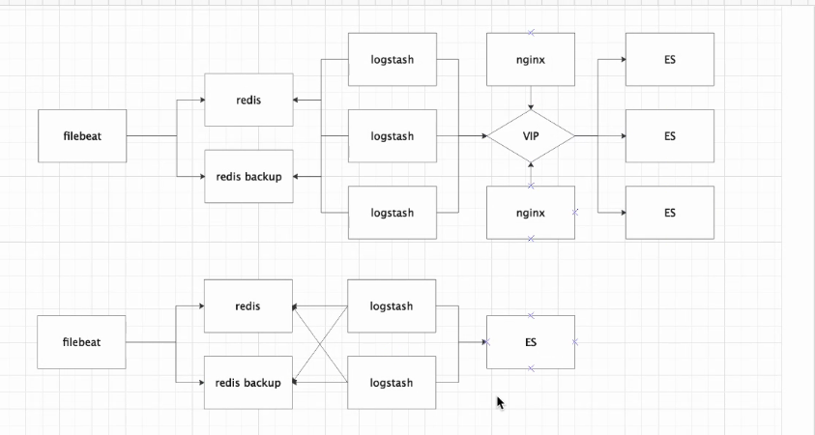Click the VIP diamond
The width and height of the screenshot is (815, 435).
(x=531, y=136)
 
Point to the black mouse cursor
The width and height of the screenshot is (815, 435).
(x=500, y=402)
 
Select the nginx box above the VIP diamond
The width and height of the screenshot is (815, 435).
(x=531, y=60)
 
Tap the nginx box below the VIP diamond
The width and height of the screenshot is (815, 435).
(x=531, y=213)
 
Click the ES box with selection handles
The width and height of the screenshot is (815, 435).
(x=531, y=342)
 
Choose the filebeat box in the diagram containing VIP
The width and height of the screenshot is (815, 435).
(x=82, y=136)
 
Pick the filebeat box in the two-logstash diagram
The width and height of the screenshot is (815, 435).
(x=82, y=342)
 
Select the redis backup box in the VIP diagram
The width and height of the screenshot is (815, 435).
(x=248, y=177)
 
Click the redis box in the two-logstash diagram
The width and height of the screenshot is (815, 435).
(x=248, y=306)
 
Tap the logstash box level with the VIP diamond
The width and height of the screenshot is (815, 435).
(x=392, y=136)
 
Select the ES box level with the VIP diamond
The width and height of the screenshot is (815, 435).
(x=670, y=136)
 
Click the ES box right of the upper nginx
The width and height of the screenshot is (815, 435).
(x=670, y=60)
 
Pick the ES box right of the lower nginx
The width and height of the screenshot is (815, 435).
(x=670, y=213)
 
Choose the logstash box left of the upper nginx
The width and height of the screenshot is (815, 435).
(x=392, y=60)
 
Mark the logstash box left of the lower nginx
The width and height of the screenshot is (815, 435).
(x=392, y=213)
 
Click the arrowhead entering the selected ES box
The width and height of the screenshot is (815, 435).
(x=482, y=342)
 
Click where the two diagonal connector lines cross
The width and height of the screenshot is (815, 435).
(x=320, y=344)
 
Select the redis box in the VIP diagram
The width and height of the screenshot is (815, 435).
(x=248, y=101)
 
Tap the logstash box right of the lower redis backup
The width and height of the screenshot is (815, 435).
(x=392, y=383)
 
